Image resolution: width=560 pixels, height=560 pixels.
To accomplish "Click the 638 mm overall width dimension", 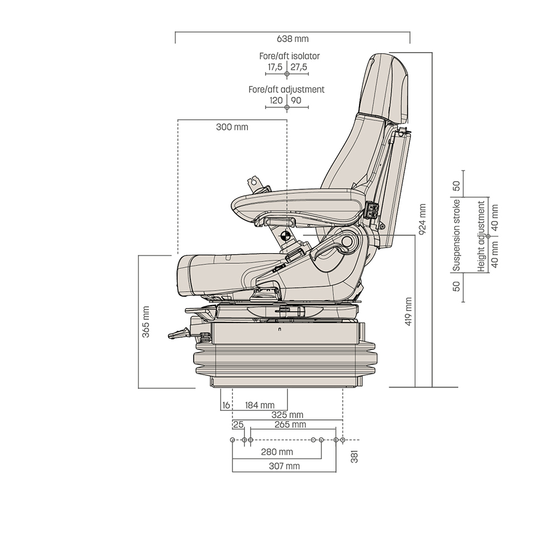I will click(292, 39).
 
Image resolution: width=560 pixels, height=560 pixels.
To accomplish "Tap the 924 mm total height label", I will click(422, 217).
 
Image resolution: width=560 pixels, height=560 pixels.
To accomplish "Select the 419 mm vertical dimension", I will click(408, 311).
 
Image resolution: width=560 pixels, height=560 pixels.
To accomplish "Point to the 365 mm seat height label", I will click(146, 321).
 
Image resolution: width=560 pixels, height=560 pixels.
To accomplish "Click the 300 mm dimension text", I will click(232, 127).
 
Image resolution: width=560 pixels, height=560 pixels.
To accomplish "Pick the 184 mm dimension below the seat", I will click(260, 405).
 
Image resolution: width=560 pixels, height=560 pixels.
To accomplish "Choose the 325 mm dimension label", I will click(287, 415).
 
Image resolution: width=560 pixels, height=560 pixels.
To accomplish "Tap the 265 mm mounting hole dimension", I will click(291, 425).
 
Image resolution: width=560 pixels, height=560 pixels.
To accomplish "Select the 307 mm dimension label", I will click(284, 466).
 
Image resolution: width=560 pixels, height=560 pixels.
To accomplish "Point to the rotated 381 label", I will click(354, 456).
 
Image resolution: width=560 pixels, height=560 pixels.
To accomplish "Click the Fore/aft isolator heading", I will click(289, 56).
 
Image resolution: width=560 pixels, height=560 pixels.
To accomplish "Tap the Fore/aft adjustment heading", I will click(286, 90).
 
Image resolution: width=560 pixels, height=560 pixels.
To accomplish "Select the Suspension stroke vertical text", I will click(456, 235).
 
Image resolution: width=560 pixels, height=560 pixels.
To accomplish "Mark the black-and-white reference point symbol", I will click(286, 236).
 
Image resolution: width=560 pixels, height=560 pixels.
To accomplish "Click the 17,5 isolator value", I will click(274, 67).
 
